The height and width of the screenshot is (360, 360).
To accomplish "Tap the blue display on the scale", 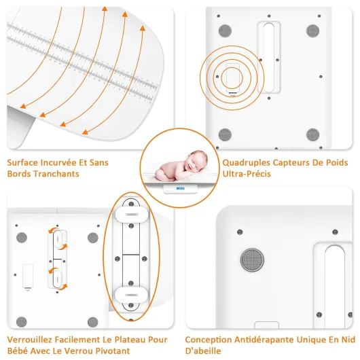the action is [x=181, y=188].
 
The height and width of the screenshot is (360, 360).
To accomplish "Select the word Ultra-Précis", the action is [x=247, y=174].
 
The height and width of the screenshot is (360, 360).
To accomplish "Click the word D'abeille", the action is [x=203, y=350].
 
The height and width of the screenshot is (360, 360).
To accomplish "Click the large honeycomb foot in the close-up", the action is [x=252, y=259].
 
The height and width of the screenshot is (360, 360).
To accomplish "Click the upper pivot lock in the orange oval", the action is [x=132, y=215].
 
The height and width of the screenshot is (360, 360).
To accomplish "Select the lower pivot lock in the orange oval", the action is [x=131, y=295].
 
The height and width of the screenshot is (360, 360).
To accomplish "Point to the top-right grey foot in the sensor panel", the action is [x=312, y=31].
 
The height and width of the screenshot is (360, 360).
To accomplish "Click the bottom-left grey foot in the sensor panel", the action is [x=225, y=134].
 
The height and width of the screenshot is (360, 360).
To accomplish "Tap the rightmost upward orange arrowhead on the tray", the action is [x=143, y=28].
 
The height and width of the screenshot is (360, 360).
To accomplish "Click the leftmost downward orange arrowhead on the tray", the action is [x=22, y=106].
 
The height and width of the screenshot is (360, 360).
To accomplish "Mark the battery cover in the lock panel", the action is [x=28, y=276].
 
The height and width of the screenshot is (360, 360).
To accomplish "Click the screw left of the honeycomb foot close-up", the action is [x=240, y=232].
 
